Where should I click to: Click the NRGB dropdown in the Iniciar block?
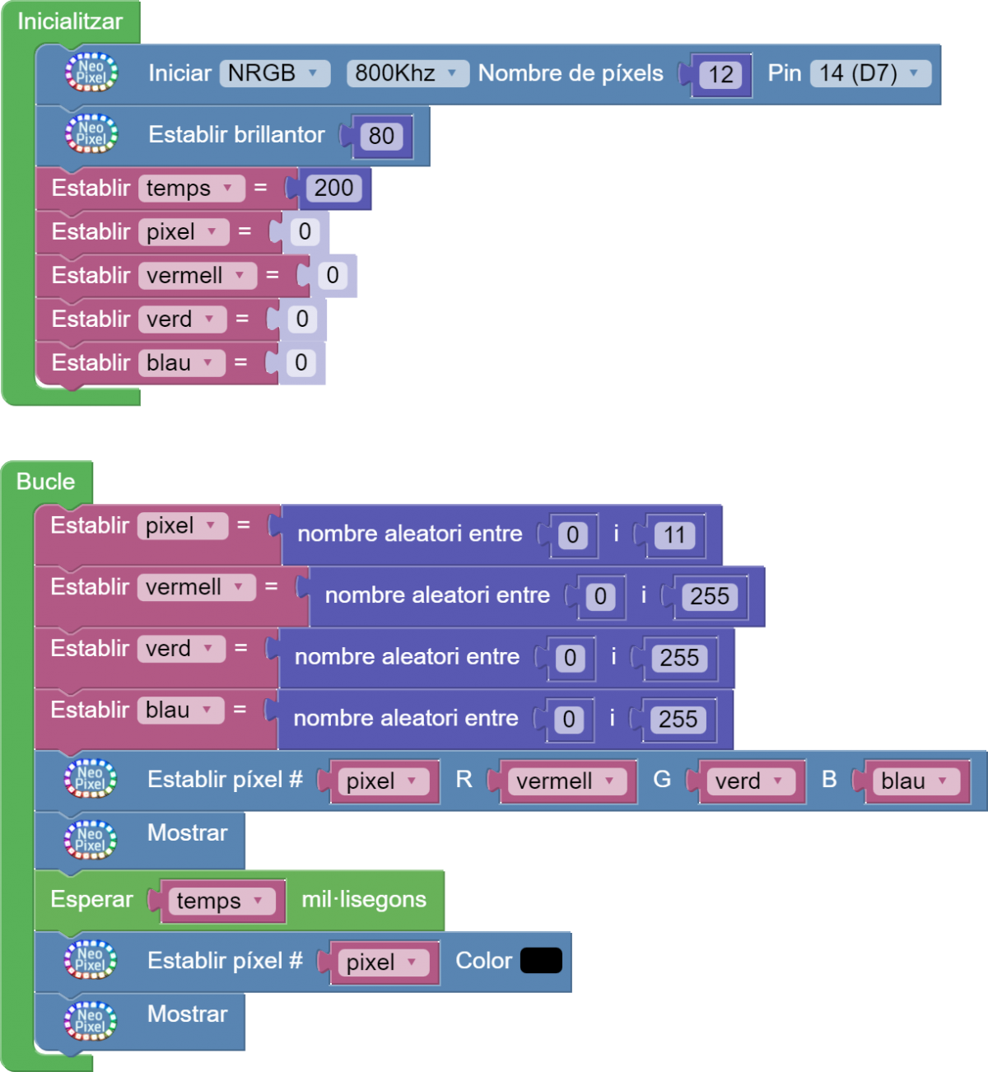273,73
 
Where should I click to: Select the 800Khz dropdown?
407,73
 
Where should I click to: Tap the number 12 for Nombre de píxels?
720,75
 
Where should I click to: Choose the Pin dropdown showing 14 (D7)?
869,73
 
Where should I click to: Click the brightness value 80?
381,136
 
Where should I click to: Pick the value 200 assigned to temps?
333,189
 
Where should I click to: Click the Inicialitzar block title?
70,21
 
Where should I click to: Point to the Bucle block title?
46,482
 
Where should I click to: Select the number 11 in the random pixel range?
674,535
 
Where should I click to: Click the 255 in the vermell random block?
710,596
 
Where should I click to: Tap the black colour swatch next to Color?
541,961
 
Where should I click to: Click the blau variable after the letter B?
914,781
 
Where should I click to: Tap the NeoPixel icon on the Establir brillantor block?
91,134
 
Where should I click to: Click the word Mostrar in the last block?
187,1014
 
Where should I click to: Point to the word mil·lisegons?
364,900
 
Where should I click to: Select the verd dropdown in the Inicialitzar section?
180,319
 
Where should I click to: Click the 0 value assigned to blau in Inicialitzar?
301,363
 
